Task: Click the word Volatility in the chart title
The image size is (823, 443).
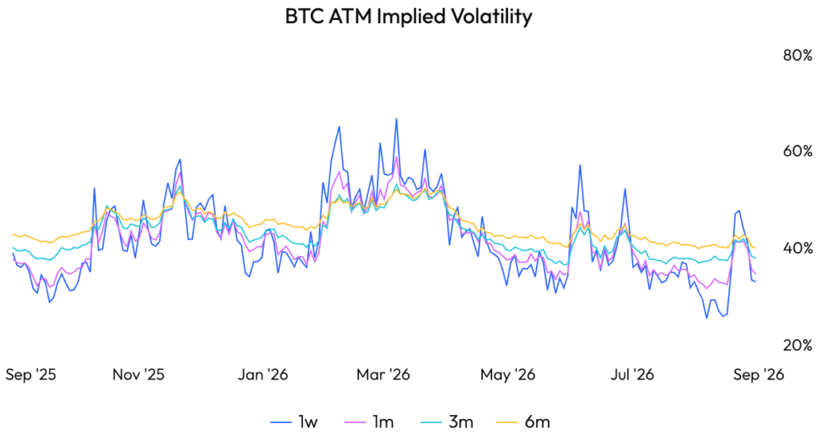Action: coord(491,17)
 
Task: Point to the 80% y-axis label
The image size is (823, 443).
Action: coord(797,55)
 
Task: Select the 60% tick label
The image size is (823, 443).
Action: coord(797,152)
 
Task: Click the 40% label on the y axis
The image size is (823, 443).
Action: coord(797,248)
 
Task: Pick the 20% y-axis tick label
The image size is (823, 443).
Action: coord(797,345)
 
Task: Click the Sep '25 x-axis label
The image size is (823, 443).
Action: coord(31,374)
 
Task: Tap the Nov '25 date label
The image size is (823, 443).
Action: coord(138,374)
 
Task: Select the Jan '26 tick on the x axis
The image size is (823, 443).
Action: coord(263,374)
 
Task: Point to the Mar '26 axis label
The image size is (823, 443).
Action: coord(383,374)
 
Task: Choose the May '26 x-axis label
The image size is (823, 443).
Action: coord(508,374)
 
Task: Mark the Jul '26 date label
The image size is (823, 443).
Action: coord(632,374)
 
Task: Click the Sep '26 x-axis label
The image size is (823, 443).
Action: coord(759,374)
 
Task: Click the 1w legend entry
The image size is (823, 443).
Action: coord(294,422)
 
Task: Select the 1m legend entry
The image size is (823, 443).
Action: coord(370,422)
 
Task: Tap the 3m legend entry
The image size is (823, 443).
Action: coord(447,422)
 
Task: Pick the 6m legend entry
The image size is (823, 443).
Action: coord(523,422)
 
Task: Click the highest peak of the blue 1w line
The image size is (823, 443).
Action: coord(396,119)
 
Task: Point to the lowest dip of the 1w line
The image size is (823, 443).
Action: coord(706,318)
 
